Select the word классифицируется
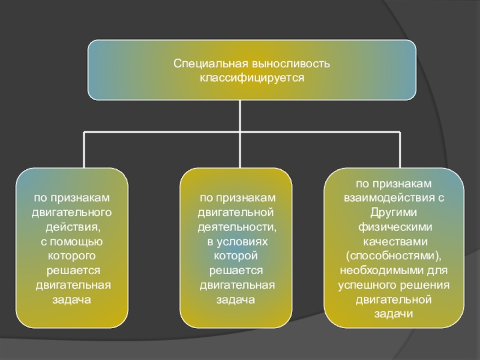point(252,77)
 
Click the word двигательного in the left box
point(72,212)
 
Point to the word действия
point(72,227)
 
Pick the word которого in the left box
point(72,256)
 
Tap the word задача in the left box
point(72,299)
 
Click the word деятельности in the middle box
point(238,227)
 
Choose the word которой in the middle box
point(236,256)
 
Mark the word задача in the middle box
point(236,299)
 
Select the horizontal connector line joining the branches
point(162,131)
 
